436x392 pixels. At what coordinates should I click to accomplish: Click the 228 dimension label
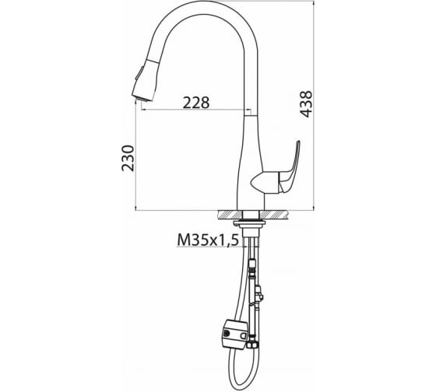[x=195, y=103]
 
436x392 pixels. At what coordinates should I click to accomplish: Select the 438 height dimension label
[x=307, y=104]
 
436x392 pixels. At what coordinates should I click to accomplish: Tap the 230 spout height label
[x=128, y=158]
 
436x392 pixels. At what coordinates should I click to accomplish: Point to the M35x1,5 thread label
[x=208, y=240]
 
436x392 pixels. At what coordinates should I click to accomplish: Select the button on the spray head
[x=139, y=73]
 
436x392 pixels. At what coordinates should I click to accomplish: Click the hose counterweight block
[x=234, y=333]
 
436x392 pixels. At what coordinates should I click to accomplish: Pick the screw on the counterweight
[x=227, y=333]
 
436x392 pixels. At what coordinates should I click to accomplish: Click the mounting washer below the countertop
[x=249, y=222]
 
